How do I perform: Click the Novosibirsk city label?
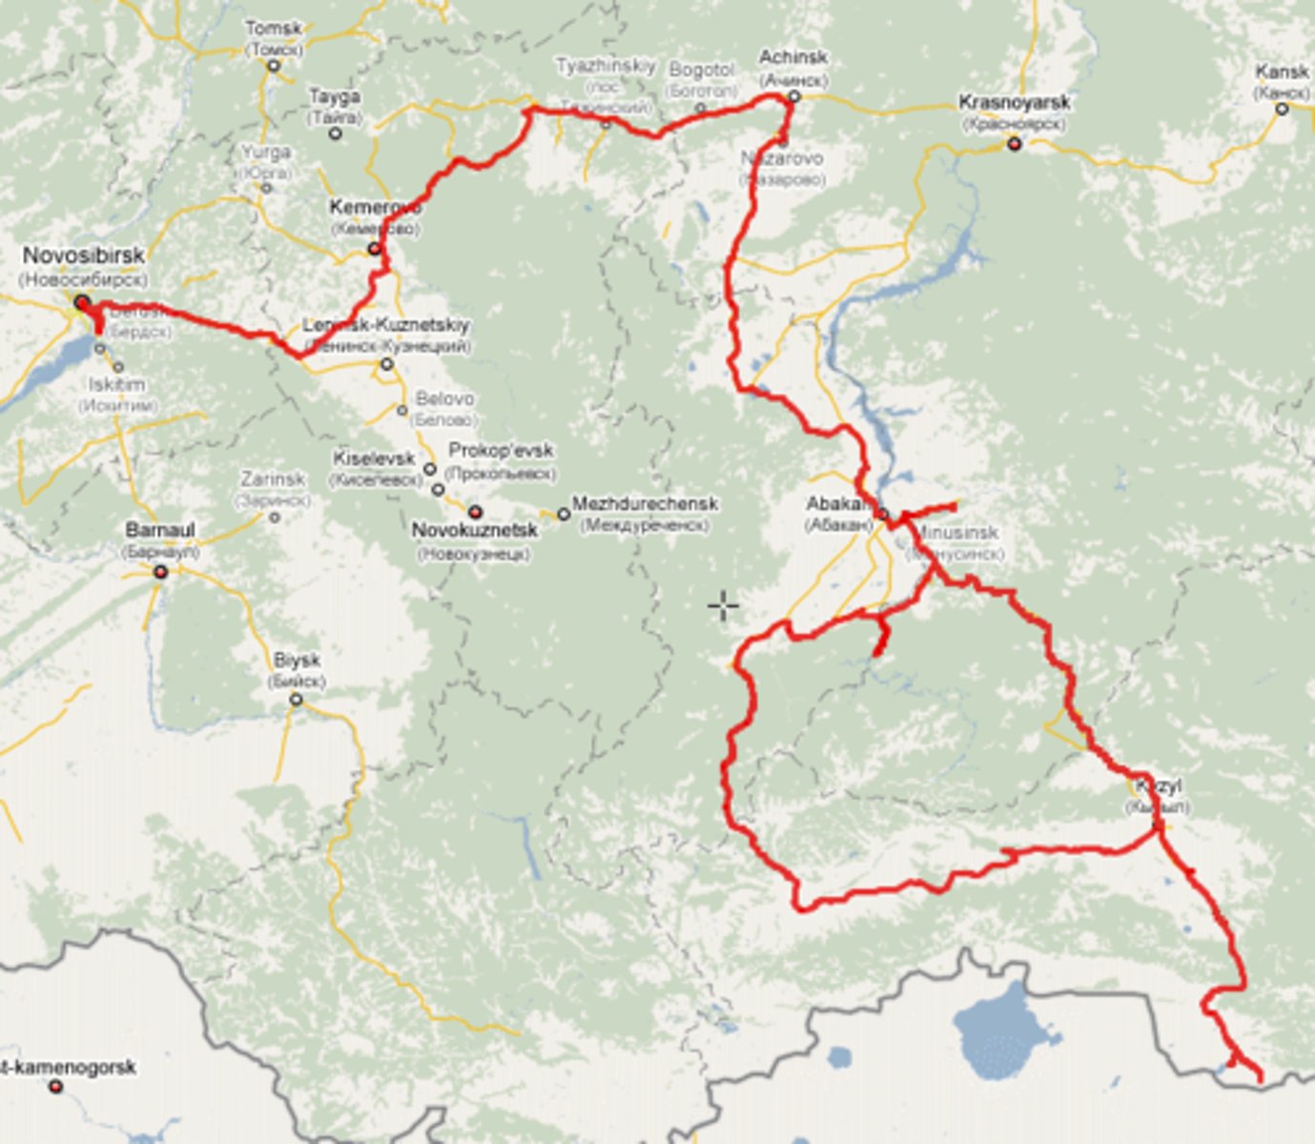[84, 255]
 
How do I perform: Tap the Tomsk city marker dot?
[274, 66]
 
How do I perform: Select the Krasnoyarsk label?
[1014, 102]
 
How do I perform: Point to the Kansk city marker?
[1282, 109]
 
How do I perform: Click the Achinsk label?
[792, 58]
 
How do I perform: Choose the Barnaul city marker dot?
[160, 572]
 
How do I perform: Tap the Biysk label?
[297, 660]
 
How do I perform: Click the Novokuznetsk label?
[474, 530]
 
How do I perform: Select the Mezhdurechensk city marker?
[564, 515]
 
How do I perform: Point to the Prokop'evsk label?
[501, 450]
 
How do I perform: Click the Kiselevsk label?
[374, 459]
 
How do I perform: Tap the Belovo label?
[444, 398]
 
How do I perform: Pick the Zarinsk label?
[273, 479]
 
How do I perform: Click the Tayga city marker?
[335, 134]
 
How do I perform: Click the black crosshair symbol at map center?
[723, 605]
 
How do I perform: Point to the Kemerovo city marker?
[375, 249]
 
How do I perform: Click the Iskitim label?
[117, 384]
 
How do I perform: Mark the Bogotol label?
[702, 71]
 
